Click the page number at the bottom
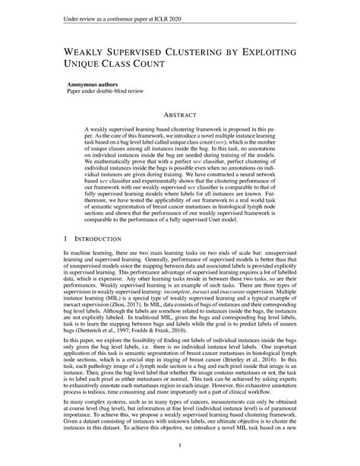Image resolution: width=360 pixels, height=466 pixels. (179, 444)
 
